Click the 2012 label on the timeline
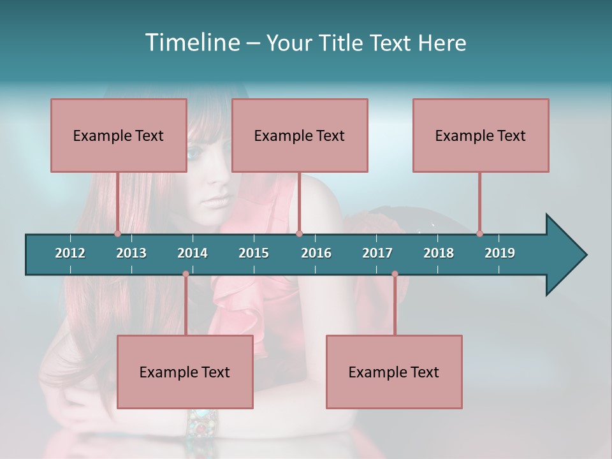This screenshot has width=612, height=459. [70, 253]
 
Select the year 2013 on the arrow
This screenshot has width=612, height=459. [131, 253]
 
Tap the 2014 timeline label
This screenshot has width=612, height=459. [193, 253]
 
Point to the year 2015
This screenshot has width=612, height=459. [254, 253]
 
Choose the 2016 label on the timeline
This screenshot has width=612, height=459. [316, 253]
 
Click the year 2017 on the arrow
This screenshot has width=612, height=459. [377, 253]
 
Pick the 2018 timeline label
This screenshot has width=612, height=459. [439, 253]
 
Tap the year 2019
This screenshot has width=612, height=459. [500, 253]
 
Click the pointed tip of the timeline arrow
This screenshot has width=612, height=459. [585, 255]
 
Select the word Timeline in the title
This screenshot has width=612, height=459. [191, 43]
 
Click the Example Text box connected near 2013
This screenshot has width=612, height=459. [119, 135]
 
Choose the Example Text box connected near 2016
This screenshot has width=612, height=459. [300, 135]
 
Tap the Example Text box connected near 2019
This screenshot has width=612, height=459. [481, 135]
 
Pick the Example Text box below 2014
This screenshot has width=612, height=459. [185, 372]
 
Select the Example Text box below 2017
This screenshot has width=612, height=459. [394, 372]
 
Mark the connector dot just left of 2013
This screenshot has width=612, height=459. [117, 234]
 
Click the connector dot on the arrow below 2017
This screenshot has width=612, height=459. [395, 274]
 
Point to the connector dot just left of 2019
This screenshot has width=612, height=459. [479, 234]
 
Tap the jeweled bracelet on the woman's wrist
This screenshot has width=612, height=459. [203, 420]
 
